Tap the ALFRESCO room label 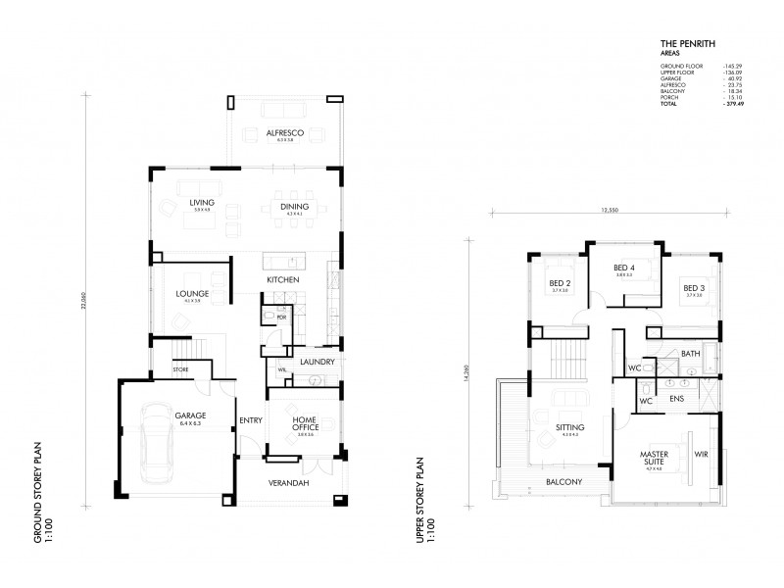pyautogui.click(x=284, y=132)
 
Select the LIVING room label pyautogui.click(x=202, y=203)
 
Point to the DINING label pyautogui.click(x=294, y=206)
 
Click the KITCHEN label pyautogui.click(x=282, y=281)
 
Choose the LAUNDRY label pyautogui.click(x=318, y=362)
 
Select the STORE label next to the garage pyautogui.click(x=181, y=369)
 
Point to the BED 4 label pyautogui.click(x=624, y=268)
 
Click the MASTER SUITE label pyautogui.click(x=655, y=459)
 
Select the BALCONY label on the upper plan pyautogui.click(x=565, y=481)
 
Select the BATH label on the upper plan pyautogui.click(x=690, y=354)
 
